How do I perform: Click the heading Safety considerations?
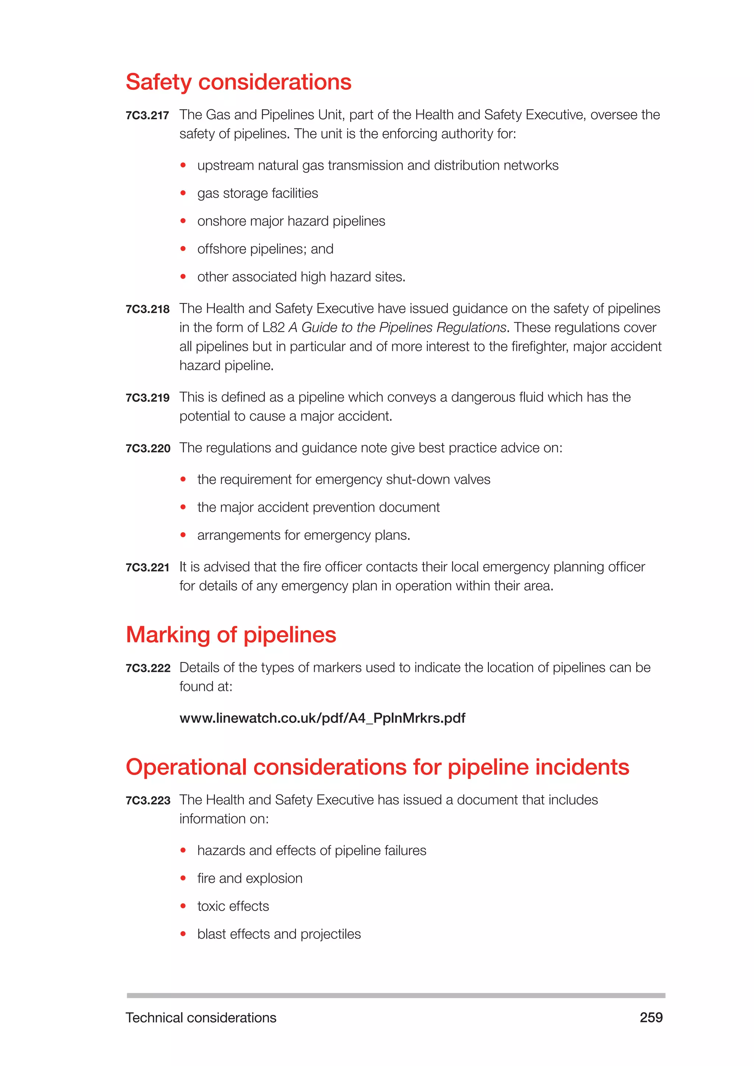(x=238, y=82)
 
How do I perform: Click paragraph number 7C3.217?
(x=147, y=116)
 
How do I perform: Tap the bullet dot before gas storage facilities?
(x=183, y=193)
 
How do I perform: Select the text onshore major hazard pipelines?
(x=291, y=221)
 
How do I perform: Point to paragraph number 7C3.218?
(x=148, y=309)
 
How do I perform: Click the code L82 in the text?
(x=273, y=328)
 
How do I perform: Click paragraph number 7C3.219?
(x=148, y=398)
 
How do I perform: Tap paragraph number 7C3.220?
(x=148, y=448)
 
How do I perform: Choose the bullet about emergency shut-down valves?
(x=343, y=479)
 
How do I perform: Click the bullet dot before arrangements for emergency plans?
(x=183, y=535)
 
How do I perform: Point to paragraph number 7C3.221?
(x=148, y=567)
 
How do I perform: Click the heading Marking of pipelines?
(x=231, y=635)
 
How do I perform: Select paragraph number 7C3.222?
(x=148, y=668)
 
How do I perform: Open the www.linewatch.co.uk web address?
(x=322, y=718)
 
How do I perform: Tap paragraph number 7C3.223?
(x=148, y=801)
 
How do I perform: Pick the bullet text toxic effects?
(x=233, y=906)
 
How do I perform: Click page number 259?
(x=651, y=1017)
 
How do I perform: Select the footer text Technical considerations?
(x=201, y=1018)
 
